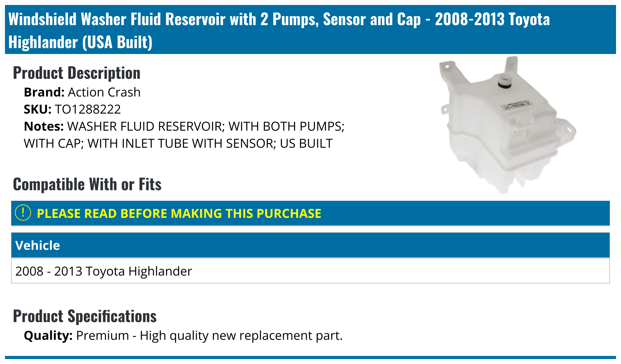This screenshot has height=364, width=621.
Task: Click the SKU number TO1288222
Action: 88,109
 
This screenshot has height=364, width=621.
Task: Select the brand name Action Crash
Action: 104,92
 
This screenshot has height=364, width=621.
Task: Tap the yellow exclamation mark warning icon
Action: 23,213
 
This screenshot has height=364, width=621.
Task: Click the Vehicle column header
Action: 38,245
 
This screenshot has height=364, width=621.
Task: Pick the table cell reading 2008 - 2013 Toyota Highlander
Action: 104,271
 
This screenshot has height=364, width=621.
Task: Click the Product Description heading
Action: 77,73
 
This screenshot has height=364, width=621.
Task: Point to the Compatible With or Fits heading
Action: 87,184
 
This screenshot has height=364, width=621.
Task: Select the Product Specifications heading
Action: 85,316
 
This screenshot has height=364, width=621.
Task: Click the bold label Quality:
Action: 48,335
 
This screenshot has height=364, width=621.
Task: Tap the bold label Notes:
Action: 44,126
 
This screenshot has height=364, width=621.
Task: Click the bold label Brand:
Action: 44,92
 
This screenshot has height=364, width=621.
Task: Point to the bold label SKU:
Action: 38,109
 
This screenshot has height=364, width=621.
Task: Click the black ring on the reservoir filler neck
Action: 505,84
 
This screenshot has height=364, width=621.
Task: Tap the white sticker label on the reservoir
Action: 517,105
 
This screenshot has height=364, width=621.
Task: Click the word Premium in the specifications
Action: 102,335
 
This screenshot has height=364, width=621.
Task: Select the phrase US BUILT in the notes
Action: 306,143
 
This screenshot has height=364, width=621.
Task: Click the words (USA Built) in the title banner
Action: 117,42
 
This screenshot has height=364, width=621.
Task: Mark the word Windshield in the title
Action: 42,19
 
